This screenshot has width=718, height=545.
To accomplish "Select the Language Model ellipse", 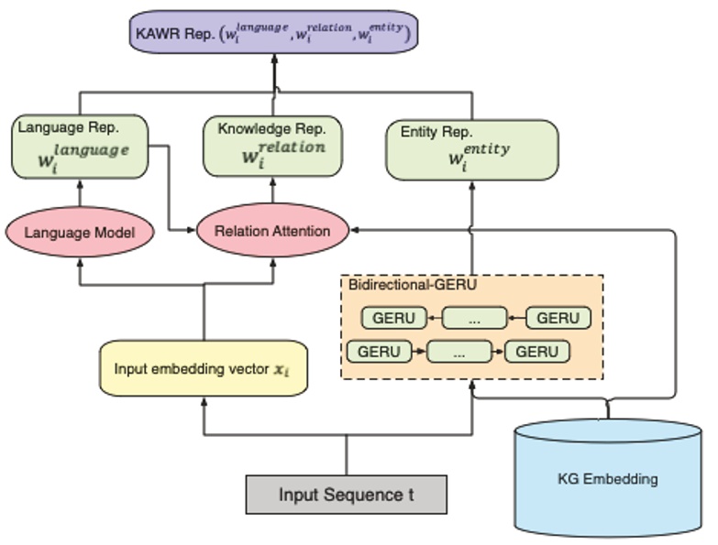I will click(79, 233).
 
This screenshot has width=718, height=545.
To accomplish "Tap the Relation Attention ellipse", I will click(272, 231).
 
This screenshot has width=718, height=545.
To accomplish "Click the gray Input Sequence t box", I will click(346, 495).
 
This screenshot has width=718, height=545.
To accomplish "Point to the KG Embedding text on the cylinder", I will click(607, 478).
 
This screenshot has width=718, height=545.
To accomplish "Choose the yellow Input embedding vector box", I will click(203, 369).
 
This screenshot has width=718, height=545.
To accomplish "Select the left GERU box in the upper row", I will click(394, 318).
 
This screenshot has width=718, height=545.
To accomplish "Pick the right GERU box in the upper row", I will click(558, 318).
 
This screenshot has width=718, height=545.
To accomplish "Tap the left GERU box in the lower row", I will click(379, 351).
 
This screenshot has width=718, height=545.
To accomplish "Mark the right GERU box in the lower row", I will click(537, 351).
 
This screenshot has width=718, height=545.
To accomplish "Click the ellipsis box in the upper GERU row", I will click(474, 318).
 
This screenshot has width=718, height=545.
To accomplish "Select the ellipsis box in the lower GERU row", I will click(458, 351).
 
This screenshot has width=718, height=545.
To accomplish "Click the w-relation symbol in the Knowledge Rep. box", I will click(281, 153).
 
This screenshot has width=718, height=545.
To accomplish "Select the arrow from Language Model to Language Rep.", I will click(79, 194).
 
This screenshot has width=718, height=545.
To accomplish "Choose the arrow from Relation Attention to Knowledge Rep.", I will click(272, 191).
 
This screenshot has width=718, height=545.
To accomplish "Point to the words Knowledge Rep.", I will click(260, 129).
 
